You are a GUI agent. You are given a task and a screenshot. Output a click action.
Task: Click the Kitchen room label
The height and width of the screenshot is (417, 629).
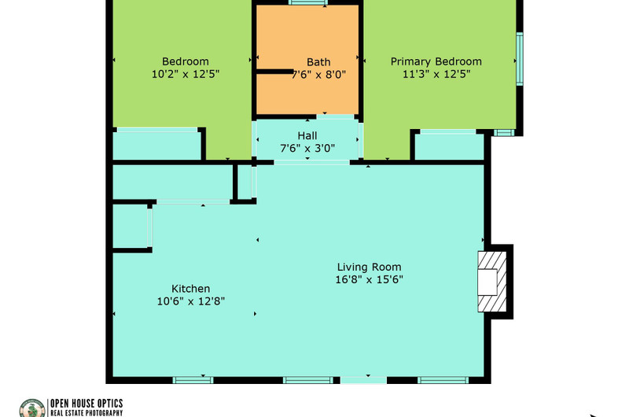[190, 289]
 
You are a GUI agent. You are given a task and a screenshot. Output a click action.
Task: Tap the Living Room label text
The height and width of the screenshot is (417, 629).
[369, 267]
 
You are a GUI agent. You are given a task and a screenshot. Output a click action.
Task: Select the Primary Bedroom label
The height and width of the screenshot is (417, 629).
[436, 61]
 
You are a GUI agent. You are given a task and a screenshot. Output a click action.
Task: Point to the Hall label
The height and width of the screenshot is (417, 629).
[307, 135]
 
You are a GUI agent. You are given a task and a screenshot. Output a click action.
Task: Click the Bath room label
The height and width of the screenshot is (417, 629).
[318, 62]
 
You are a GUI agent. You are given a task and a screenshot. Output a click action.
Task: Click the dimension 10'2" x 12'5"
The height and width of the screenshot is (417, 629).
[186, 74]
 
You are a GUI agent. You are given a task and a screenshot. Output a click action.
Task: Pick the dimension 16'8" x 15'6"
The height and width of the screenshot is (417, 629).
[369, 279]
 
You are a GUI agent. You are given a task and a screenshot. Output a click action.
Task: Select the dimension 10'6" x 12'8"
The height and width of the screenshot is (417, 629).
[190, 301]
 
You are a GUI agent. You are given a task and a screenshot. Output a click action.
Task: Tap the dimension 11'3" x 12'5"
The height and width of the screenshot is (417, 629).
[436, 74]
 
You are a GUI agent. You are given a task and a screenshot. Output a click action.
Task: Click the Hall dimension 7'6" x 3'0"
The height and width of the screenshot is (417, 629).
[307, 148]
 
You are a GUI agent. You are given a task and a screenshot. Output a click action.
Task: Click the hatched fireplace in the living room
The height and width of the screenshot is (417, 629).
[492, 282]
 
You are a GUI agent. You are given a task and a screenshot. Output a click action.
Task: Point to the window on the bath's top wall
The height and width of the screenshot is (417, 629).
[307, 3]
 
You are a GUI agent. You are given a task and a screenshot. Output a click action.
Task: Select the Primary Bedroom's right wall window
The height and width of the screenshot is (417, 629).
[520, 59]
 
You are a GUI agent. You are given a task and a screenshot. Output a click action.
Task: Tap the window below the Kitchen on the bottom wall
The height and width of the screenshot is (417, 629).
[193, 380]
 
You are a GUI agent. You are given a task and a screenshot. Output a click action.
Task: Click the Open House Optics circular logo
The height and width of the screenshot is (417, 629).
[32, 408]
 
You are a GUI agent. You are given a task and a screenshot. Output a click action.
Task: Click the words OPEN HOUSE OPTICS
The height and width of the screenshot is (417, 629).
[86, 404]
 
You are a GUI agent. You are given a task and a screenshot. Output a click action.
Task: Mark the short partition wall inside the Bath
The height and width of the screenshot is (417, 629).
[274, 72]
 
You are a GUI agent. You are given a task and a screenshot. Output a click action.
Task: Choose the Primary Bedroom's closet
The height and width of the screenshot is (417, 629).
[449, 146]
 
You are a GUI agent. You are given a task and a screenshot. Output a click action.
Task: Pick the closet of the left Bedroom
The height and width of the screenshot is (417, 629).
[156, 146]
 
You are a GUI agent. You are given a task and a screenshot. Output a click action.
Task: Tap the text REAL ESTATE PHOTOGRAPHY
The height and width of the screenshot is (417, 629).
[86, 413]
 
